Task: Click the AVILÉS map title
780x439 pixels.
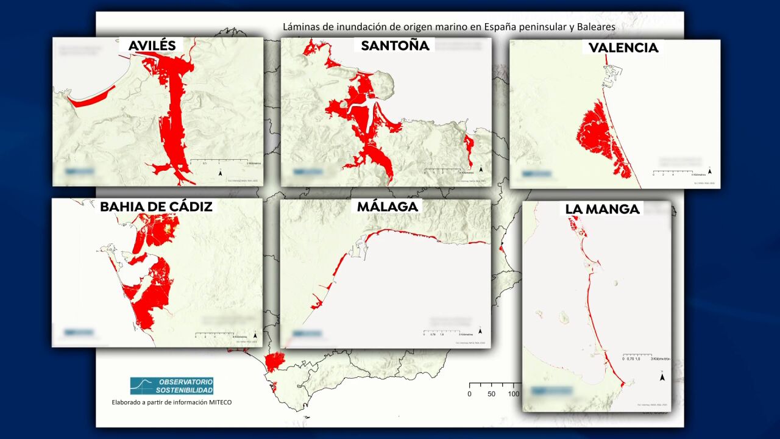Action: click(x=152, y=45)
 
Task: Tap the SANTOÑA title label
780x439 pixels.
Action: click(x=395, y=45)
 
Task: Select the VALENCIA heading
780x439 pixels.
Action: click(x=623, y=48)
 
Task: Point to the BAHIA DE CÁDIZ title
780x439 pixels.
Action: click(x=157, y=206)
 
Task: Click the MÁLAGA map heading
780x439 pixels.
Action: click(x=388, y=206)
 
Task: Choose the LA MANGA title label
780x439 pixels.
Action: click(x=603, y=209)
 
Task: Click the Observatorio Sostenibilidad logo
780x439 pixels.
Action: click(x=172, y=385)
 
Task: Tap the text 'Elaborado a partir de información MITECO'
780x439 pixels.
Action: click(x=172, y=402)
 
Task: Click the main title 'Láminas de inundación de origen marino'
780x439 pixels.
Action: click(x=450, y=27)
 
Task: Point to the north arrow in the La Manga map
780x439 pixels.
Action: click(x=662, y=377)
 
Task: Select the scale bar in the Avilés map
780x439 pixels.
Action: click(x=220, y=161)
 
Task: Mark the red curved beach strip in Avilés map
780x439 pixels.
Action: click(x=91, y=97)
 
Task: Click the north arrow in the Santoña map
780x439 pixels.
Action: click(x=481, y=169)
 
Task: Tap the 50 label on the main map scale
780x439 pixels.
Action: click(x=491, y=394)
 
